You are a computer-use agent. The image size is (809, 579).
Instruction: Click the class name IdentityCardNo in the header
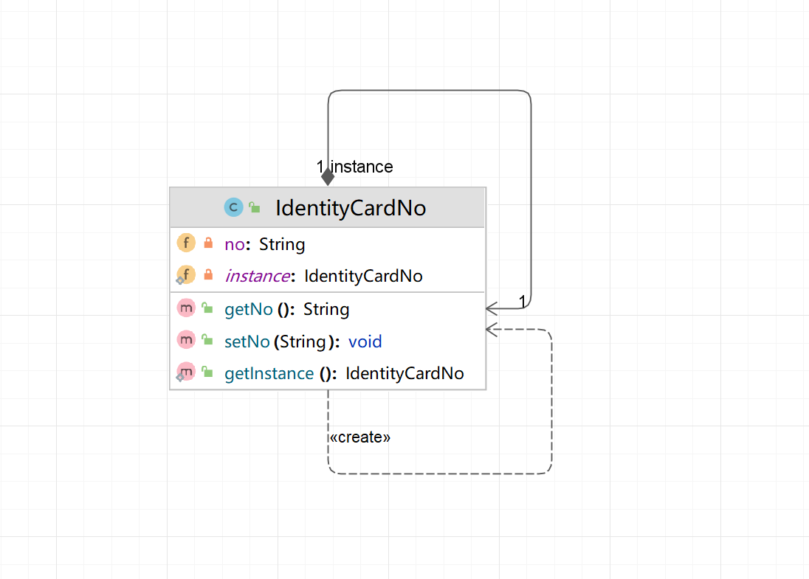tap(351, 208)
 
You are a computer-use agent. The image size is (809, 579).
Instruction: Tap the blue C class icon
tap(233, 207)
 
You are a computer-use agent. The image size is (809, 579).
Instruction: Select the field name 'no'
tap(234, 244)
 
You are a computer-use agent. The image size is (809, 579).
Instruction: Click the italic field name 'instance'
tap(258, 276)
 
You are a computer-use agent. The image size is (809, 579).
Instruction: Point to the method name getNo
tap(248, 309)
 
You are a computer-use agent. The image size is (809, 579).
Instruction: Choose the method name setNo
tap(247, 341)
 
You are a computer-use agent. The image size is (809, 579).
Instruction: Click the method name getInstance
tap(269, 373)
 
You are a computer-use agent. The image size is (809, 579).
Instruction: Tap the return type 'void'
tap(365, 341)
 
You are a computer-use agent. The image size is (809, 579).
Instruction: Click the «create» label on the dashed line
tap(359, 437)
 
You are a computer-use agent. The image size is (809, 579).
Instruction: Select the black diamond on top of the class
tap(328, 177)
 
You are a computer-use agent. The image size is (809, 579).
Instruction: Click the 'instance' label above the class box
tap(361, 167)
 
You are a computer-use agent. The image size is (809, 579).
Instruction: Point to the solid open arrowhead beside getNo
tap(492, 308)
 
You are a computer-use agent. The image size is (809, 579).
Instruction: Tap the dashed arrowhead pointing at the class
tap(492, 330)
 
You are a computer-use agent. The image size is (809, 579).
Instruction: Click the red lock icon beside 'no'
tap(208, 243)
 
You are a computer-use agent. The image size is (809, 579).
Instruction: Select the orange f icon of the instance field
tap(186, 275)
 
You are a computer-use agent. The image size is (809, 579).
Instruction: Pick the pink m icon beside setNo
tap(186, 340)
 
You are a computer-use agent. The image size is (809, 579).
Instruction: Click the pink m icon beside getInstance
tap(186, 372)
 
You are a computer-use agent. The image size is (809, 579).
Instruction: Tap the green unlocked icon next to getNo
tap(207, 308)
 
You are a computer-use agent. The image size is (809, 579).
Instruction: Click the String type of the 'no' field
tap(282, 244)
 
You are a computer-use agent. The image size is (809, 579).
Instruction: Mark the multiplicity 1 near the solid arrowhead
tap(522, 301)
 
